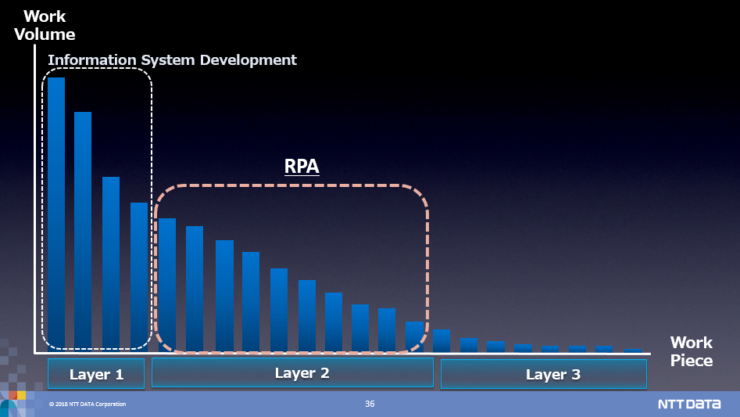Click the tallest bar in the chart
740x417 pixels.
point(56,214)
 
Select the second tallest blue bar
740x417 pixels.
point(83,232)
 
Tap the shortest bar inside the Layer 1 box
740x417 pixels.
point(139,277)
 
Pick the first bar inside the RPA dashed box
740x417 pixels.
point(167,286)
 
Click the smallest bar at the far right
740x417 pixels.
point(633,350)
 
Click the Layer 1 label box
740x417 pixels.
point(96,373)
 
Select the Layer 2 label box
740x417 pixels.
point(292,372)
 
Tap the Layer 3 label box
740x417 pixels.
point(544,374)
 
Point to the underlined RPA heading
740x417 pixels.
point(302,166)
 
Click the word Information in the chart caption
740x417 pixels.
point(92,60)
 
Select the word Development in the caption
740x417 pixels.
point(248,60)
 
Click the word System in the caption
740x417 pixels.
point(168,60)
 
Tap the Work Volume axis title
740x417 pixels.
point(45,25)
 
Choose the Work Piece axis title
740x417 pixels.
point(692,351)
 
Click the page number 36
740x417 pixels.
point(370,404)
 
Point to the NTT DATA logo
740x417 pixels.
point(689,404)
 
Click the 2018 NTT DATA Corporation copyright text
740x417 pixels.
point(88,404)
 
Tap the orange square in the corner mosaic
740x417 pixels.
point(13,395)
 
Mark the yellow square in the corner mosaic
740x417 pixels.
point(21,395)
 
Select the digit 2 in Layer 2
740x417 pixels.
point(324,372)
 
